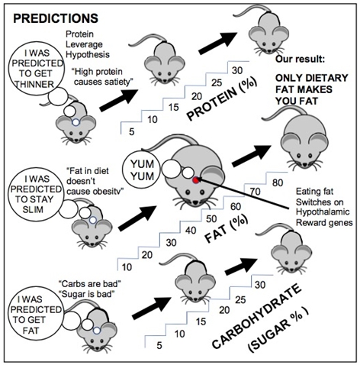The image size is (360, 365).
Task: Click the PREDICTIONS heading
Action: [x=56, y=18]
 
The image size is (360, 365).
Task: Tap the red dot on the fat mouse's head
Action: [x=195, y=180]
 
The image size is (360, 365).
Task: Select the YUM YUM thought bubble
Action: [x=142, y=170]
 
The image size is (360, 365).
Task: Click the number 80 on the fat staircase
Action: [x=278, y=182]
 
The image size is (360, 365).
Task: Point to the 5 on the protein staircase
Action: [x=131, y=132]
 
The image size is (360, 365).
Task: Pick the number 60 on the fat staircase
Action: [x=236, y=206]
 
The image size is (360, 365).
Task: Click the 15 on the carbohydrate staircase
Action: [x=201, y=321]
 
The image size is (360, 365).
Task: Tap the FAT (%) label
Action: [x=226, y=229]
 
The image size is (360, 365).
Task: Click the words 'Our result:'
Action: [x=301, y=60]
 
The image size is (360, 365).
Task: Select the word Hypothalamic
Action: [x=323, y=212]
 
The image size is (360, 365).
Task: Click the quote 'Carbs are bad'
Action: [x=90, y=283]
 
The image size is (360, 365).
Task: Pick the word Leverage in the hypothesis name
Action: [x=84, y=44]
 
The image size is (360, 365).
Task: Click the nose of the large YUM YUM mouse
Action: [x=195, y=202]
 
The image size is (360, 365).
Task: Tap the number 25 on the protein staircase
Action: [x=217, y=83]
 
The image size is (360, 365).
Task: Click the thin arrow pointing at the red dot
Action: [x=243, y=194]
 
